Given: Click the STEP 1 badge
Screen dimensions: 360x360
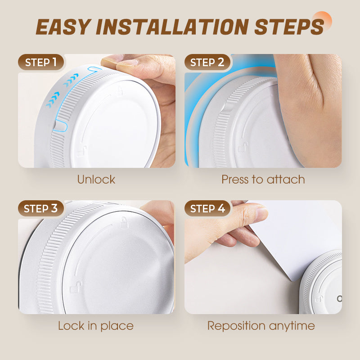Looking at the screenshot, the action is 41,62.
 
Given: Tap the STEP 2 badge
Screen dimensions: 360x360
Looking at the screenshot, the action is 207,62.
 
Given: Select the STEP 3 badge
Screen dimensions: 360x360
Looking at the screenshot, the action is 41,208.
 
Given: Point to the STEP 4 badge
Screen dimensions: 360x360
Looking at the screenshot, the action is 207,208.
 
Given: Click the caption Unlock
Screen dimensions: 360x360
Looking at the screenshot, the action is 96,179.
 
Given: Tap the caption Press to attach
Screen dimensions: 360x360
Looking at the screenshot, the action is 263,179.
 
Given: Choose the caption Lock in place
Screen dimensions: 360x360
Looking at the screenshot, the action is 96,326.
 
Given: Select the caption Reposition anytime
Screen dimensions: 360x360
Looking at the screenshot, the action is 261,326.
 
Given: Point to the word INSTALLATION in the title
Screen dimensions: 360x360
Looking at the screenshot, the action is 172,27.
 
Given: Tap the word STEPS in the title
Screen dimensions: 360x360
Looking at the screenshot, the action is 289,27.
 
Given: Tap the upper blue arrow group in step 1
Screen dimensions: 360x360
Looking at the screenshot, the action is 71,80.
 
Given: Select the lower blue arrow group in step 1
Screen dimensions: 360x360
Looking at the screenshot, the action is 53,99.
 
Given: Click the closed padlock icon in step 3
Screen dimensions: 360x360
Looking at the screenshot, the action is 124,222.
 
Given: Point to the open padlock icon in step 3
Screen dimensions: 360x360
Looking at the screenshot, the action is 76,287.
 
